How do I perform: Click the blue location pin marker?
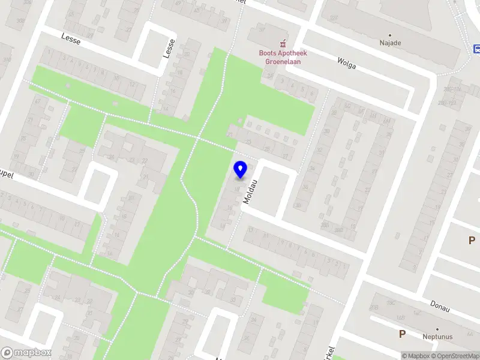(240, 169)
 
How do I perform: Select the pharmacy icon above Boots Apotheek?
(283, 43)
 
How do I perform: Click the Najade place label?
(390, 43)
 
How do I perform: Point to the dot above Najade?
(390, 35)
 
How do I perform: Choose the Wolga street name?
(346, 63)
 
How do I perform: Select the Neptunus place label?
(437, 337)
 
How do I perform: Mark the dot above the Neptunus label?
(437, 329)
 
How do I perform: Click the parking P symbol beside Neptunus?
(402, 334)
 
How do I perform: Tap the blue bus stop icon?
(476, 49)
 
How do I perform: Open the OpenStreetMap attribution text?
(457, 356)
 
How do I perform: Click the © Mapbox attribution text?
(416, 356)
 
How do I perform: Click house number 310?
(7, 60)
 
